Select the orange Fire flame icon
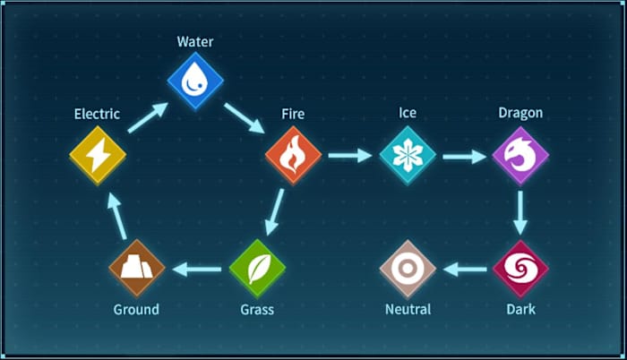(x=293, y=156)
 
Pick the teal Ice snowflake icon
(x=408, y=156)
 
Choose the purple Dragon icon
(x=520, y=156)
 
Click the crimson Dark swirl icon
(x=520, y=268)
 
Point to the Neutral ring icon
(x=408, y=268)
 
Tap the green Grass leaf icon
(x=257, y=268)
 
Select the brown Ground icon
(x=137, y=268)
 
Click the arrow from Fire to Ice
(x=350, y=156)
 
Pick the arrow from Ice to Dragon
(x=464, y=156)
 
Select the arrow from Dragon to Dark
(x=520, y=212)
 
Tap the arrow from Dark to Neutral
(x=464, y=268)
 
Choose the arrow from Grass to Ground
(x=197, y=268)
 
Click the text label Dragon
(x=520, y=114)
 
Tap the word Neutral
(x=408, y=310)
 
